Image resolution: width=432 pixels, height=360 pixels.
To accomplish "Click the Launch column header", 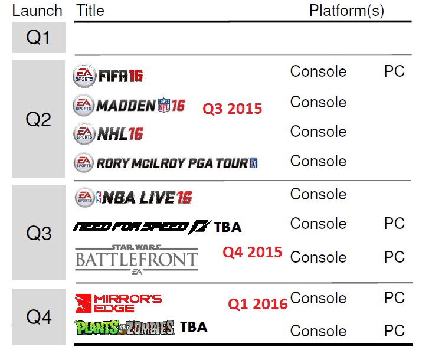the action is coord(37,11).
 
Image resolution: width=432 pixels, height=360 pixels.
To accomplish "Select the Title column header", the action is coord(90,11).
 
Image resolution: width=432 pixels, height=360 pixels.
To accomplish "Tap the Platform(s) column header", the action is coord(346,11).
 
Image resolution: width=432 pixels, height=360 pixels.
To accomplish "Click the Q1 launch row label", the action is coord(38,37).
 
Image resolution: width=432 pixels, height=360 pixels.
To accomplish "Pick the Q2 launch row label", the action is coord(38,120).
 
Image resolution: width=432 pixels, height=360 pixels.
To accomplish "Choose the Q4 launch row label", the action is coord(39,318).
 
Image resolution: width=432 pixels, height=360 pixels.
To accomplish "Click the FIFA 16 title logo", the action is coord(109,76).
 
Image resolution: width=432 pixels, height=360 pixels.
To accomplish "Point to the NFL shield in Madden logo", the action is coord(163,105).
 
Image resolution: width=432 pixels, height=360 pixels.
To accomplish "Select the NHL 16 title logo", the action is coord(108,134).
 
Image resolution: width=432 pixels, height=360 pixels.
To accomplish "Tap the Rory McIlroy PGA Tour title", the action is coord(166,163).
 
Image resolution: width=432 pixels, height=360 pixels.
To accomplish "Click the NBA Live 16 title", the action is coord(133,198).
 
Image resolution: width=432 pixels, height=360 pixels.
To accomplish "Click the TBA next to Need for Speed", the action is coord(228,227).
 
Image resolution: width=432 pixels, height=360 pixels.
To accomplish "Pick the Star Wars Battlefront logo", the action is coord(137,260).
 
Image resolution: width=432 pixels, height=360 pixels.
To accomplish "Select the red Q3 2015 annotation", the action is coord(233,109).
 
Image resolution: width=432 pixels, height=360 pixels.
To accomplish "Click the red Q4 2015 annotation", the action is coord(253,252).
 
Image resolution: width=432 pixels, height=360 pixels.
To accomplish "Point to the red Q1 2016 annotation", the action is coord(258,304).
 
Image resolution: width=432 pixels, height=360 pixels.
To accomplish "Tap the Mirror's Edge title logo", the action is coord(119,303).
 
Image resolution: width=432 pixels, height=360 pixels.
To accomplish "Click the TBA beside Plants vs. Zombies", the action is coord(194,327).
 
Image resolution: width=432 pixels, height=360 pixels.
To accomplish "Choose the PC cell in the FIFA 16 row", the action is coord(394,71).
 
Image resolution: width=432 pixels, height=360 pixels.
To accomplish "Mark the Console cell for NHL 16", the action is coord(318,132).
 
